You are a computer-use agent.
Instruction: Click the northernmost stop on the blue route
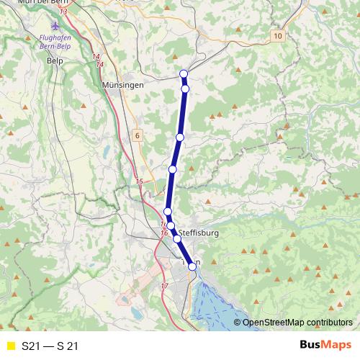point(184,73)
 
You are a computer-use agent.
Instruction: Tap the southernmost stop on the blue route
point(192,266)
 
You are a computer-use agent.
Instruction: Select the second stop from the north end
point(185,89)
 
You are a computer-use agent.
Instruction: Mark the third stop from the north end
point(180,137)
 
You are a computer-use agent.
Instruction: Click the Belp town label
point(55,61)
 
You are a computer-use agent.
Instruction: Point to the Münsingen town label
point(123,84)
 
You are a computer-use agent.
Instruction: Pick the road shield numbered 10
point(279,35)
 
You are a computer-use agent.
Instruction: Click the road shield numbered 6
point(136,135)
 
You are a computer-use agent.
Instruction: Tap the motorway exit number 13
point(64,12)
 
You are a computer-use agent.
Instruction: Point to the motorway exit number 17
point(164,287)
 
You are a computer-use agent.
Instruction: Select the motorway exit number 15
point(139,181)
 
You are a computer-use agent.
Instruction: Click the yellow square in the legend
point(10,346)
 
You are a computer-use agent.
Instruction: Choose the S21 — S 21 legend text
point(50,346)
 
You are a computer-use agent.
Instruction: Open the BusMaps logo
point(325,346)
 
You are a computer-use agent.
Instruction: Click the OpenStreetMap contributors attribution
point(297,323)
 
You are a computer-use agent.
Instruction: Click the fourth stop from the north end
point(173,169)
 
